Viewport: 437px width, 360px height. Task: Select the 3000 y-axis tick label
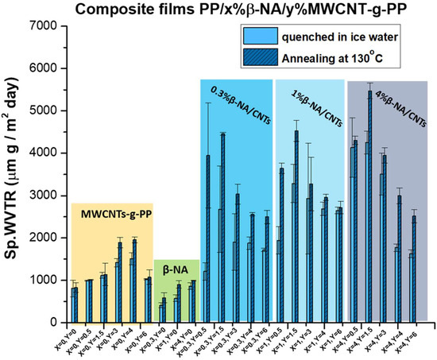pos(42,195)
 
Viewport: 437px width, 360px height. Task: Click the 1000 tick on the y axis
pos(42,280)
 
